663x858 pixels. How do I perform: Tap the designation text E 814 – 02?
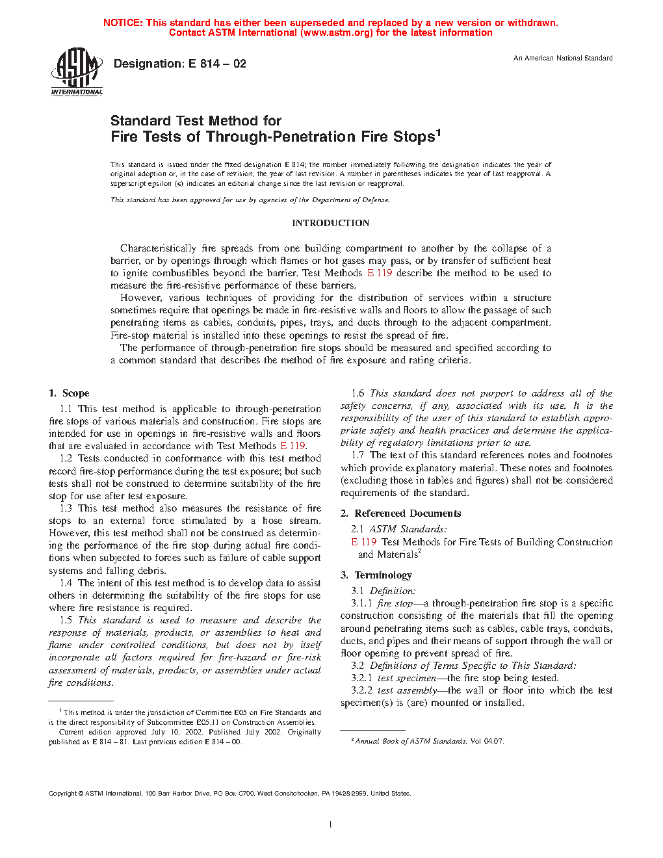click(217, 64)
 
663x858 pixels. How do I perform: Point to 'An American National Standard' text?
click(563, 58)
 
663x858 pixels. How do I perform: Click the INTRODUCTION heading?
click(330, 223)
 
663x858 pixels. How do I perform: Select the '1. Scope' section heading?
click(69, 393)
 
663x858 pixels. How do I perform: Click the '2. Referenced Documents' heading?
click(400, 513)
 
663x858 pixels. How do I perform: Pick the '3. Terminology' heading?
click(376, 575)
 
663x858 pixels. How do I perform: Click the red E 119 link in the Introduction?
click(380, 273)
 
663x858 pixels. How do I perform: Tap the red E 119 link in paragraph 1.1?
click(292, 446)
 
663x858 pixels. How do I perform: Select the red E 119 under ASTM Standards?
click(364, 542)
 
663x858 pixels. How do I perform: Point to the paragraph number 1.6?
click(357, 393)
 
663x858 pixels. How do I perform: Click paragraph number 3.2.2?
click(362, 690)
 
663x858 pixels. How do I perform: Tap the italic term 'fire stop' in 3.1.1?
click(395, 603)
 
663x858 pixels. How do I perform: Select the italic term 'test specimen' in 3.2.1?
click(407, 678)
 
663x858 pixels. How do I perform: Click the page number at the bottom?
click(331, 825)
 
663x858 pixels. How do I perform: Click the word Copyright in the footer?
click(63, 793)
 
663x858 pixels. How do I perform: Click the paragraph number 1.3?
click(66, 508)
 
